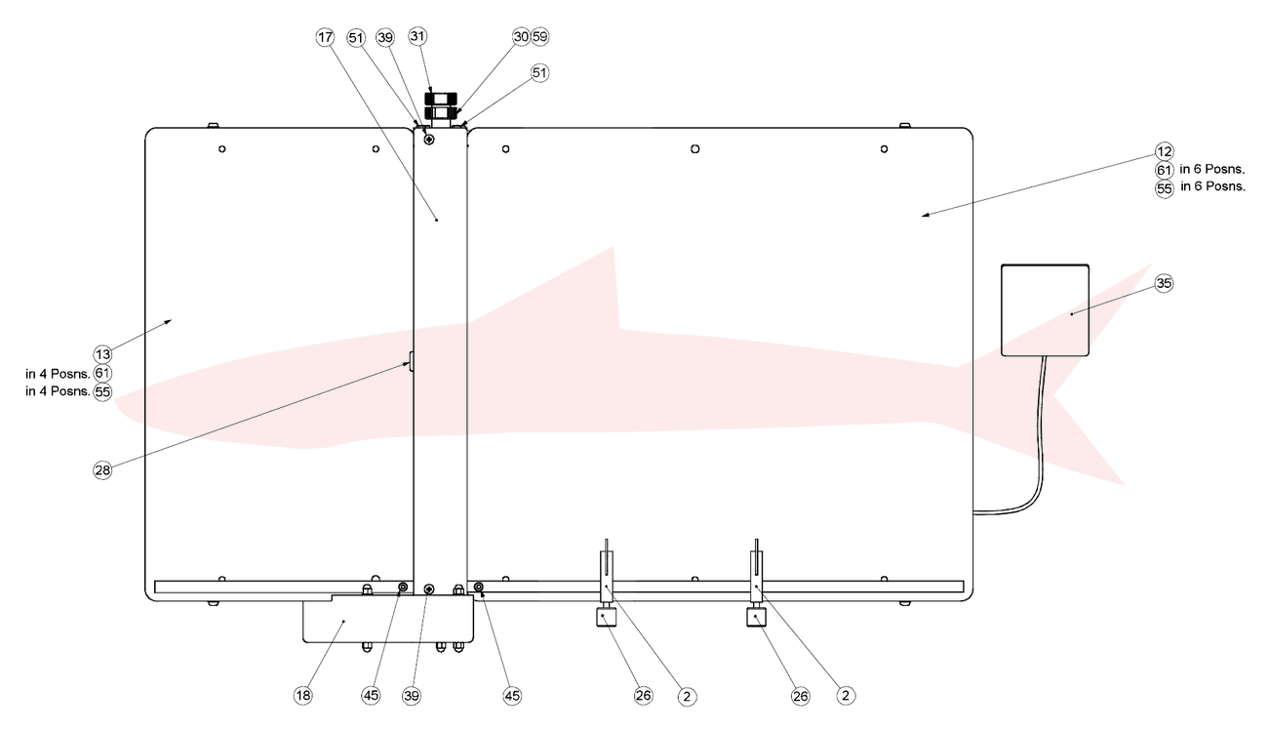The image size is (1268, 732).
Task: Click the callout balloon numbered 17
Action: coord(325,37)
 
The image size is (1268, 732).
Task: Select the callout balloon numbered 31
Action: coord(417,36)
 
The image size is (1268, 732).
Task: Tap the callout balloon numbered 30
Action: coord(521,37)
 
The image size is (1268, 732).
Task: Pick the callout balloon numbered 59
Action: coord(540,37)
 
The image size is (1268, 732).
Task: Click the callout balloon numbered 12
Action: coord(1165,151)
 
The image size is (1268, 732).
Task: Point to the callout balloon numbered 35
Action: coord(1164,283)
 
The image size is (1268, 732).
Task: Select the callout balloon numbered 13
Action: coord(102,354)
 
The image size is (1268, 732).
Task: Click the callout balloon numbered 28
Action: coord(102,470)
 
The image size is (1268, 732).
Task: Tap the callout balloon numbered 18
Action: coord(302,695)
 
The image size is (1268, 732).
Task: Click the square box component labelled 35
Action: coord(1045,310)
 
